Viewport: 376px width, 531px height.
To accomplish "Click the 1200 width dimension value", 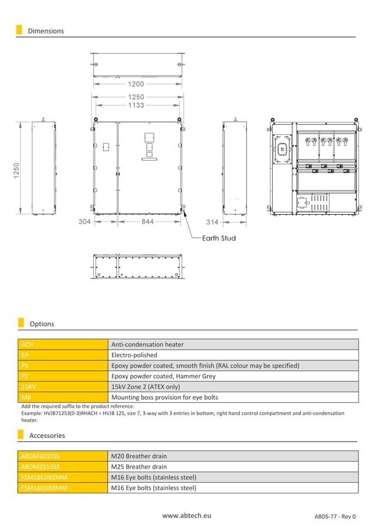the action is pyautogui.click(x=136, y=84).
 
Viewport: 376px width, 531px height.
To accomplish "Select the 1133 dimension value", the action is pyautogui.click(x=136, y=105).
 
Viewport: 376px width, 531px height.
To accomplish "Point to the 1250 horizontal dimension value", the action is pyautogui.click(x=136, y=97).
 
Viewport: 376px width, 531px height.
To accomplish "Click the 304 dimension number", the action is pyautogui.click(x=84, y=222).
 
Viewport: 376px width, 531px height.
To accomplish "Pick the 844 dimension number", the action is pyautogui.click(x=147, y=222).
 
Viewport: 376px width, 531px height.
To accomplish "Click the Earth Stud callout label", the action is pyautogui.click(x=219, y=238).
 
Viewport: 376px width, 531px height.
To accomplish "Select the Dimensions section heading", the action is pyautogui.click(x=45, y=31).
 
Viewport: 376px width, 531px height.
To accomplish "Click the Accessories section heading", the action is pyautogui.click(x=47, y=436).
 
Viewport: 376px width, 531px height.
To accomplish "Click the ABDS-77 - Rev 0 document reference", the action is pyautogui.click(x=335, y=516).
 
